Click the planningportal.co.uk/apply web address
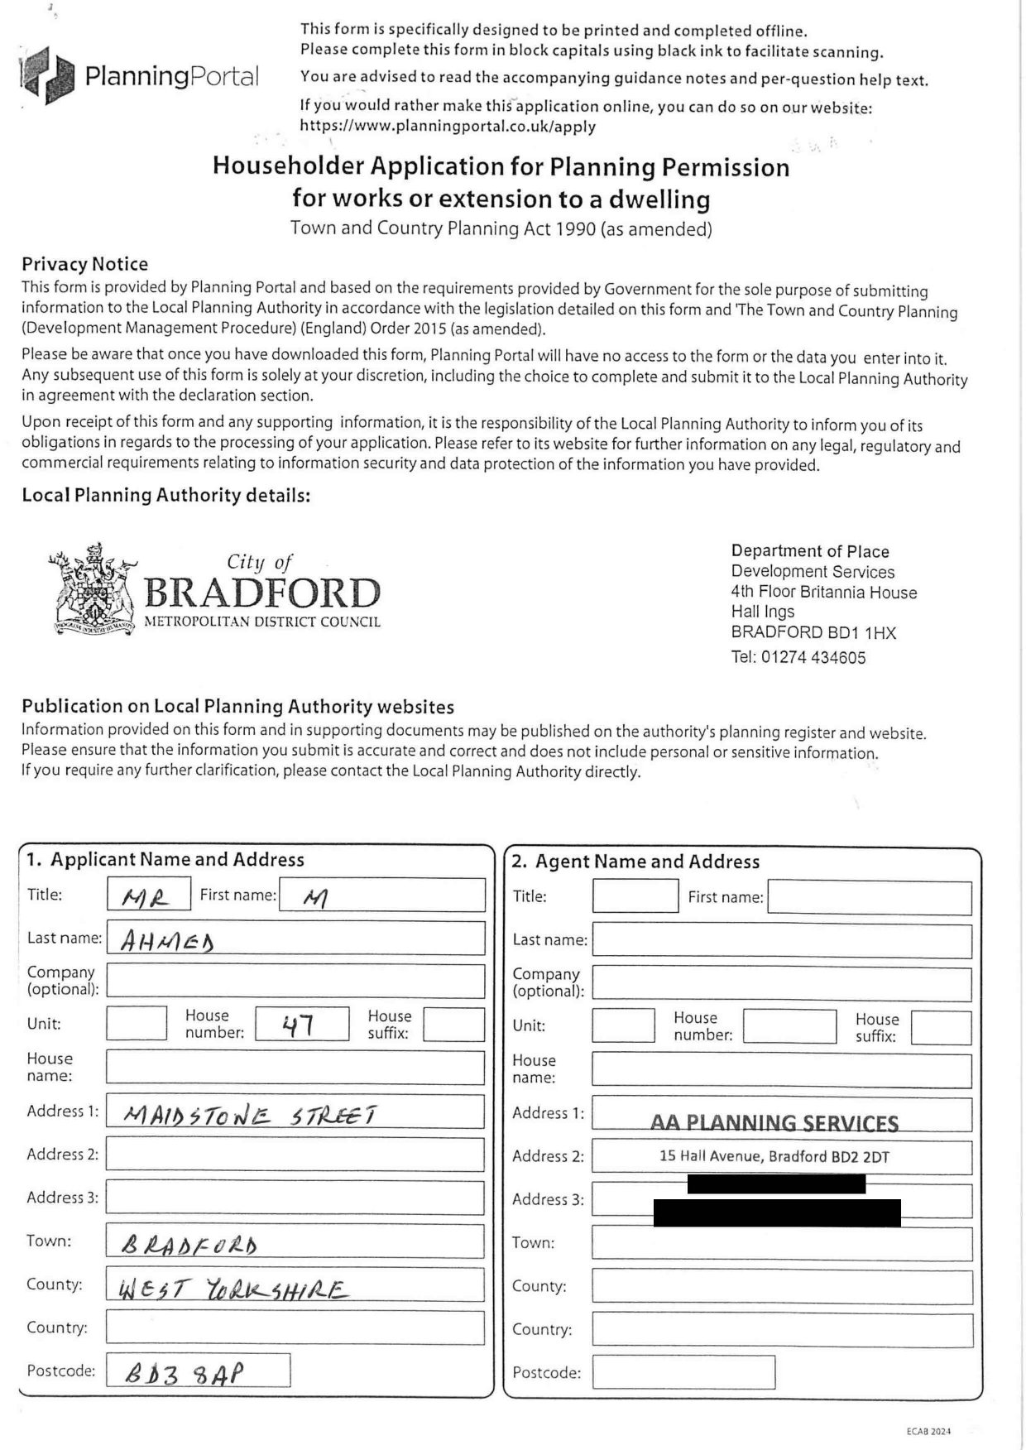(x=448, y=127)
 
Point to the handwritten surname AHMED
(x=167, y=941)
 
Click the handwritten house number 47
(x=298, y=1025)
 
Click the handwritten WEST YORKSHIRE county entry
(x=233, y=1289)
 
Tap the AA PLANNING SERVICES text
(x=774, y=1122)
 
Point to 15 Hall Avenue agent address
(x=774, y=1157)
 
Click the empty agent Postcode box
(x=683, y=1372)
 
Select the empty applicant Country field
(x=295, y=1328)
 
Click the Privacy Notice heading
(x=84, y=264)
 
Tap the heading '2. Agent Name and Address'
(x=635, y=862)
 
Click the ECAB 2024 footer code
(x=928, y=1431)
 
